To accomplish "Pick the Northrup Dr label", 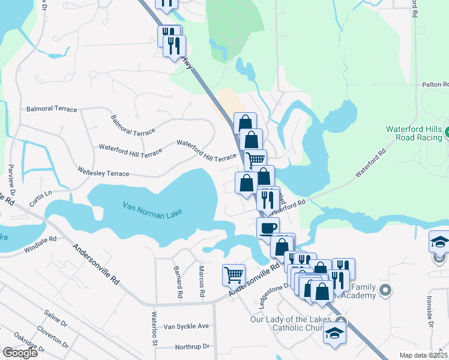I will (x=191, y=347).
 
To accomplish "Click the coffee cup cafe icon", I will (x=268, y=228).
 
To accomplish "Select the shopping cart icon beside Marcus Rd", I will (x=234, y=275).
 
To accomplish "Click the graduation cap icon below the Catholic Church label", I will (x=334, y=333).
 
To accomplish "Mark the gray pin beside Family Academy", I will (x=386, y=291).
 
